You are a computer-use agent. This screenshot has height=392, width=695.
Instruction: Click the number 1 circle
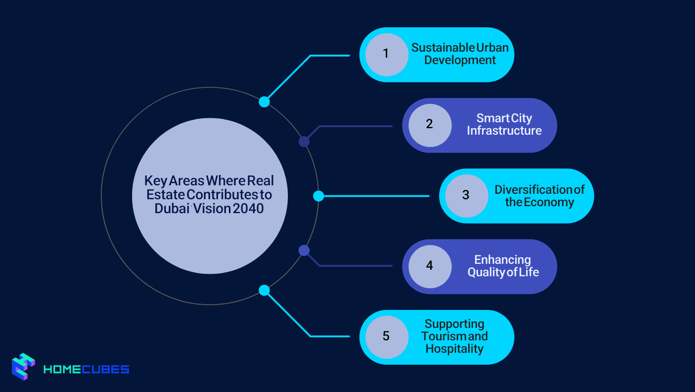click(x=387, y=55)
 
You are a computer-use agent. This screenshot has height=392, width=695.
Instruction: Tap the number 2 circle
click(x=430, y=125)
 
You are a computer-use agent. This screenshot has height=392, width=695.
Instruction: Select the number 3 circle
click(x=466, y=196)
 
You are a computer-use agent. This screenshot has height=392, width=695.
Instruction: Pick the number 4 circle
click(x=430, y=266)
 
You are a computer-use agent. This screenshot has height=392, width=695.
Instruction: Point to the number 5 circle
click(x=387, y=337)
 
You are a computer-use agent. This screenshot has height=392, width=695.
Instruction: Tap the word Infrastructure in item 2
click(x=504, y=131)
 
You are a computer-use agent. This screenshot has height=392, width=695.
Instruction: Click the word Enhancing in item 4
click(x=502, y=260)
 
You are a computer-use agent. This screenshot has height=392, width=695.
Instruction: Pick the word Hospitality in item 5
click(x=455, y=349)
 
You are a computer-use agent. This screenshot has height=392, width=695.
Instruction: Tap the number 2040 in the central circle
click(x=248, y=209)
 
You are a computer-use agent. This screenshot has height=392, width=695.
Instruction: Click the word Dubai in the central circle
click(x=172, y=209)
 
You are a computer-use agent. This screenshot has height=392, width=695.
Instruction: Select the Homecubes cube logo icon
click(x=23, y=367)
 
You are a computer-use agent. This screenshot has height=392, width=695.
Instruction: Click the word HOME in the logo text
click(x=63, y=369)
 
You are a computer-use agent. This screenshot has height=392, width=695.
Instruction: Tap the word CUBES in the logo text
click(x=105, y=369)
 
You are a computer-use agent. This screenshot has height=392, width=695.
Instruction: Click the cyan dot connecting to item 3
click(x=318, y=196)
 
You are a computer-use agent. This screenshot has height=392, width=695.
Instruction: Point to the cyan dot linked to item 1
click(x=264, y=102)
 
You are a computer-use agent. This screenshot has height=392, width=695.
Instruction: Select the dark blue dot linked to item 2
click(x=304, y=142)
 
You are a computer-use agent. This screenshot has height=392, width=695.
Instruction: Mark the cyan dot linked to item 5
click(x=264, y=290)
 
